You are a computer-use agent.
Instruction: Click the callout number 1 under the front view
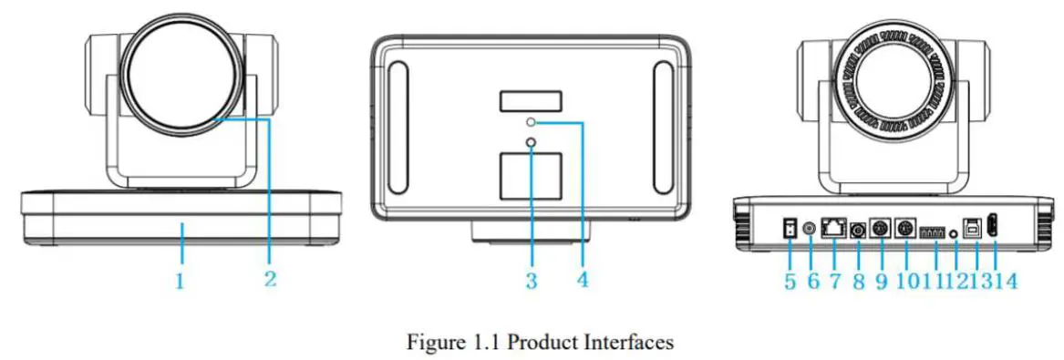[x=180, y=282]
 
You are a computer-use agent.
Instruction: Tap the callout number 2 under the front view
[x=270, y=277]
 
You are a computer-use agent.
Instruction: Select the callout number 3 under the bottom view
[x=531, y=281]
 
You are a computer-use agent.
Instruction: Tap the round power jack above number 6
[x=811, y=230]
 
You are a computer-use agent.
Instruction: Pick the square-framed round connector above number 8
[x=857, y=231]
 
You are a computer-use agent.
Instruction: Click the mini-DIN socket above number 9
[x=881, y=230]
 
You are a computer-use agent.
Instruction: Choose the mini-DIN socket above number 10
[x=908, y=230]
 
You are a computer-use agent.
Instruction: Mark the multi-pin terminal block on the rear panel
[x=933, y=232]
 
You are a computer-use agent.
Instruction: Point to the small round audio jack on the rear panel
[x=955, y=233]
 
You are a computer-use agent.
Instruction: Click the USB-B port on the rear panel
[x=973, y=231]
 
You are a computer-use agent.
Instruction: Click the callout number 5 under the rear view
[x=789, y=281]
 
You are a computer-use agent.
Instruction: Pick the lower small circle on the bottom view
[x=530, y=141]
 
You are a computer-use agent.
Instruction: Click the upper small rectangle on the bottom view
[x=530, y=100]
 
